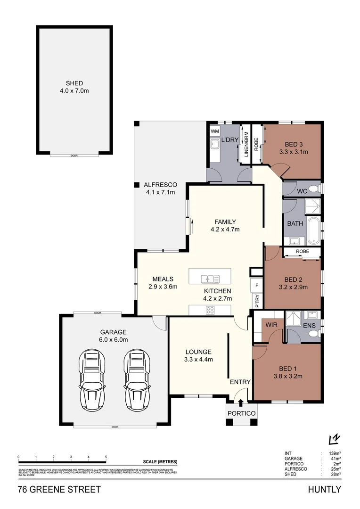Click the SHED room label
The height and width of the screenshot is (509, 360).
coord(74,83)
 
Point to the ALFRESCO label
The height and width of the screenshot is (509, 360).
coord(160,185)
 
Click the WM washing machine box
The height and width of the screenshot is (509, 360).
coord(215,131)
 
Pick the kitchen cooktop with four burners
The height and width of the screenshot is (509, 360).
coord(210,310)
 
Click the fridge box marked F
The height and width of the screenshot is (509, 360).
coord(257,286)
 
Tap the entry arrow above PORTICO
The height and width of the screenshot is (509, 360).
coord(241,402)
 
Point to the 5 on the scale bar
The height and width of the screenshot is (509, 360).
coord(106,457)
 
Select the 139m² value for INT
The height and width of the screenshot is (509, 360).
coord(335,453)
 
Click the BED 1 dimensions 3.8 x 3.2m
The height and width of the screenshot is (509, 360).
coord(287,376)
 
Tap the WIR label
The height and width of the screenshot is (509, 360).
coord(271,325)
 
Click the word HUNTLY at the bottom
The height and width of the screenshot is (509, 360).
coord(324,490)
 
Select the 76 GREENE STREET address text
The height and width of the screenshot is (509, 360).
coord(59,490)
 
